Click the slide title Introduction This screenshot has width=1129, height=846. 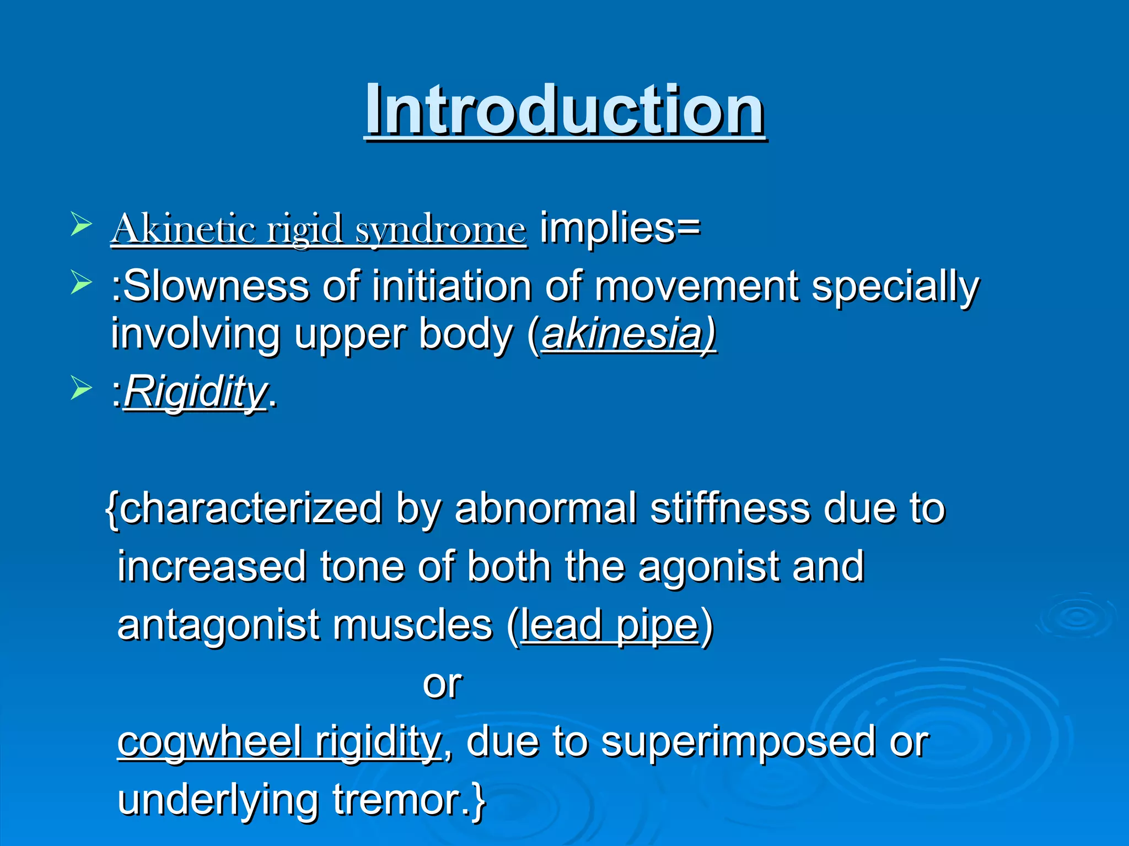[x=564, y=110]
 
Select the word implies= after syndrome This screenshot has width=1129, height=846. [x=620, y=228]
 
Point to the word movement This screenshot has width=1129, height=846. [x=697, y=286]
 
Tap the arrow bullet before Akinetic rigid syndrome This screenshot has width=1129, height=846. [x=81, y=226]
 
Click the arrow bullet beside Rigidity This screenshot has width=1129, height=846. [x=81, y=389]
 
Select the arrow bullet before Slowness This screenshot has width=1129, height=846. [x=81, y=284]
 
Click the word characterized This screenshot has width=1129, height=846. [x=251, y=509]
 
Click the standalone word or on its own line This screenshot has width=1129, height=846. [x=443, y=684]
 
